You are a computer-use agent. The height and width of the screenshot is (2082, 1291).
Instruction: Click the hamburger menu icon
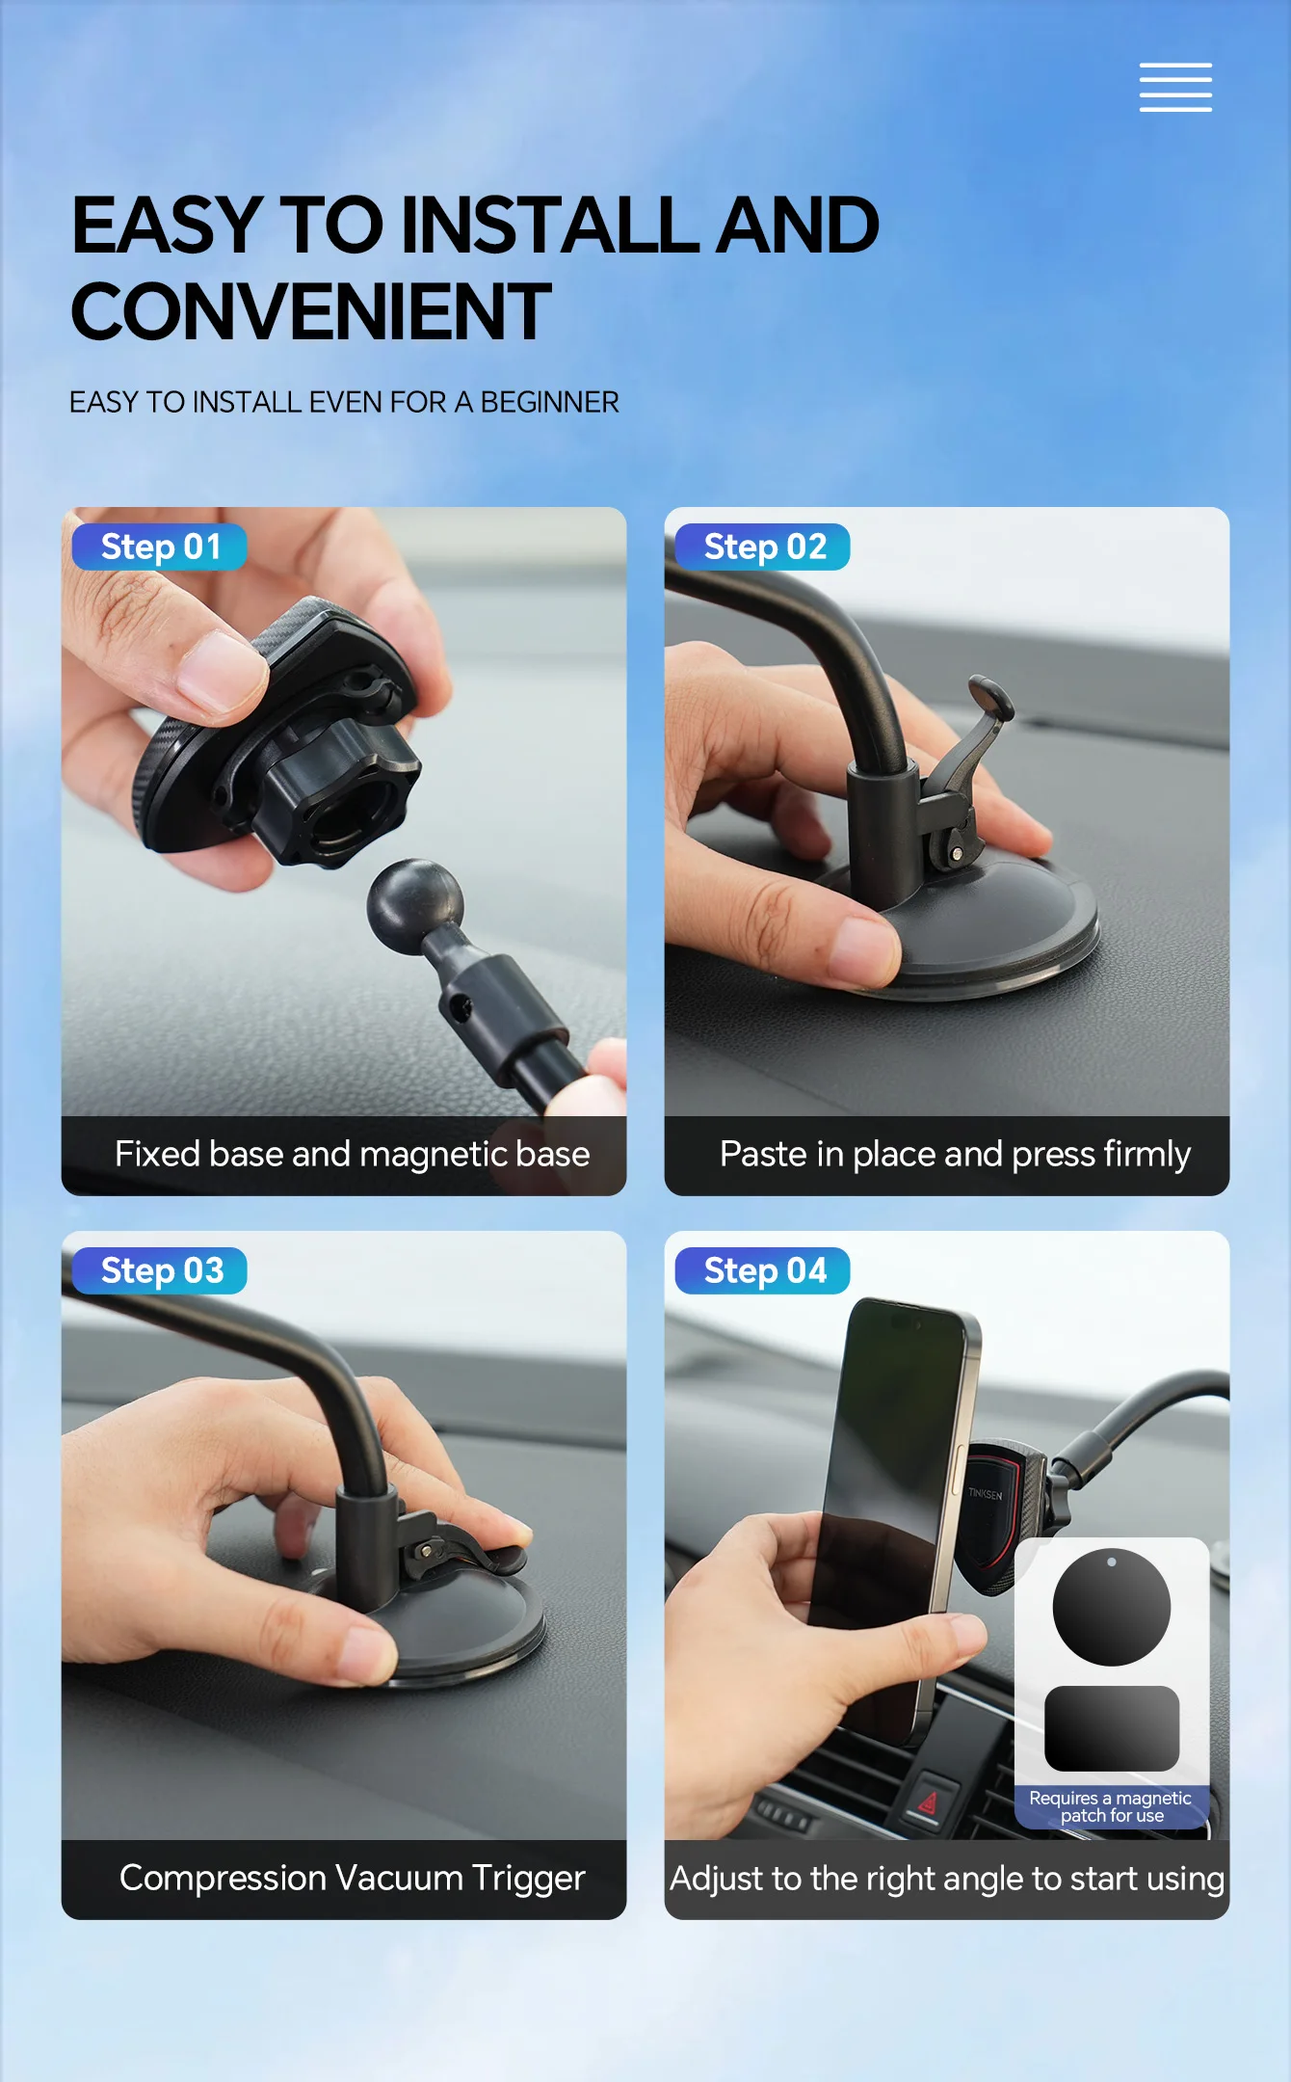(x=1175, y=88)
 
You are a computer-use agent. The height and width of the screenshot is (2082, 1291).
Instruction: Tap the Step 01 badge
(x=160, y=547)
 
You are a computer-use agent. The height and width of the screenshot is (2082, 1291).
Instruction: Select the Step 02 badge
(x=763, y=547)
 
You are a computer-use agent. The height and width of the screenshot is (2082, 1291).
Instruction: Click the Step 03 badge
(x=160, y=1270)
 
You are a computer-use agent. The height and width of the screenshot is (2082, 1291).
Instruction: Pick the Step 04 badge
(x=763, y=1270)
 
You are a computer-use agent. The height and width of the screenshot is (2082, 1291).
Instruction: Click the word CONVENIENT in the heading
(x=311, y=311)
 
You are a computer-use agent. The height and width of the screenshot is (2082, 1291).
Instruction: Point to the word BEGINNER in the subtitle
(x=549, y=402)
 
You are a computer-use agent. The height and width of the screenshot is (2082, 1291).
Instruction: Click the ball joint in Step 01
(x=415, y=906)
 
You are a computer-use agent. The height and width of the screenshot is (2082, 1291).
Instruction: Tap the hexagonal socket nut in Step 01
(x=337, y=800)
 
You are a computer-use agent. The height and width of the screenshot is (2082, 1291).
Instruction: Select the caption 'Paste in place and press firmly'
(x=955, y=1155)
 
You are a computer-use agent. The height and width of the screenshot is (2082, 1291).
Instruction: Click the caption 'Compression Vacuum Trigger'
(x=352, y=1879)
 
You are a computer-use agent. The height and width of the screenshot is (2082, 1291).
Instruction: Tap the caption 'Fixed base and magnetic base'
(x=352, y=1154)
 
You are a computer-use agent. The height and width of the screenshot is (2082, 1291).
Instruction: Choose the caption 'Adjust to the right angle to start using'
(x=947, y=1879)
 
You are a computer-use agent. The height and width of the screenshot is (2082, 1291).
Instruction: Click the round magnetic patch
(x=1112, y=1607)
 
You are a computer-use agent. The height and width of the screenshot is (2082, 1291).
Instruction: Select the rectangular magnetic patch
(x=1112, y=1728)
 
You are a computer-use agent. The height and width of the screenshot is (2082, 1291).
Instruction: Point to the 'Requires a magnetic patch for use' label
(x=1111, y=1806)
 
